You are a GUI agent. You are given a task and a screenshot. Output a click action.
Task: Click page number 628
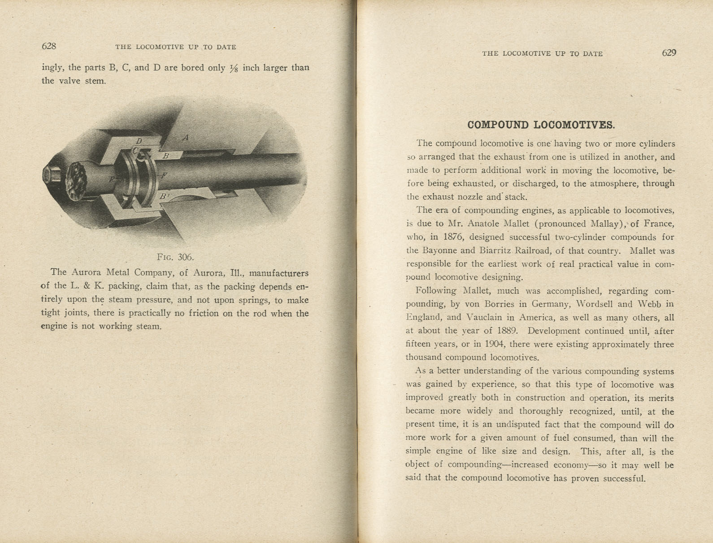pos(48,46)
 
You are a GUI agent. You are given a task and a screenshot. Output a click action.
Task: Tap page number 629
pos(669,53)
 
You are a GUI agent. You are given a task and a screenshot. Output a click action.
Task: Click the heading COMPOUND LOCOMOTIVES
pos(541,125)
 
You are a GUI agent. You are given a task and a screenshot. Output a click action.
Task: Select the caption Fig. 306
pos(175,257)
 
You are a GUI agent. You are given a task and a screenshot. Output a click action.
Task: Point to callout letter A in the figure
pos(186,138)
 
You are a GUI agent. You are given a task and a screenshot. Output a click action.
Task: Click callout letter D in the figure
pos(139,141)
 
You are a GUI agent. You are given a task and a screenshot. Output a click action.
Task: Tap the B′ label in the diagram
pos(165,196)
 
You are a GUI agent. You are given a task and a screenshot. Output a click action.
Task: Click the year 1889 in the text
pos(508,331)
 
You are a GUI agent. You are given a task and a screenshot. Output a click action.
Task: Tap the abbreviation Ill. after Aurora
pos(236,272)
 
